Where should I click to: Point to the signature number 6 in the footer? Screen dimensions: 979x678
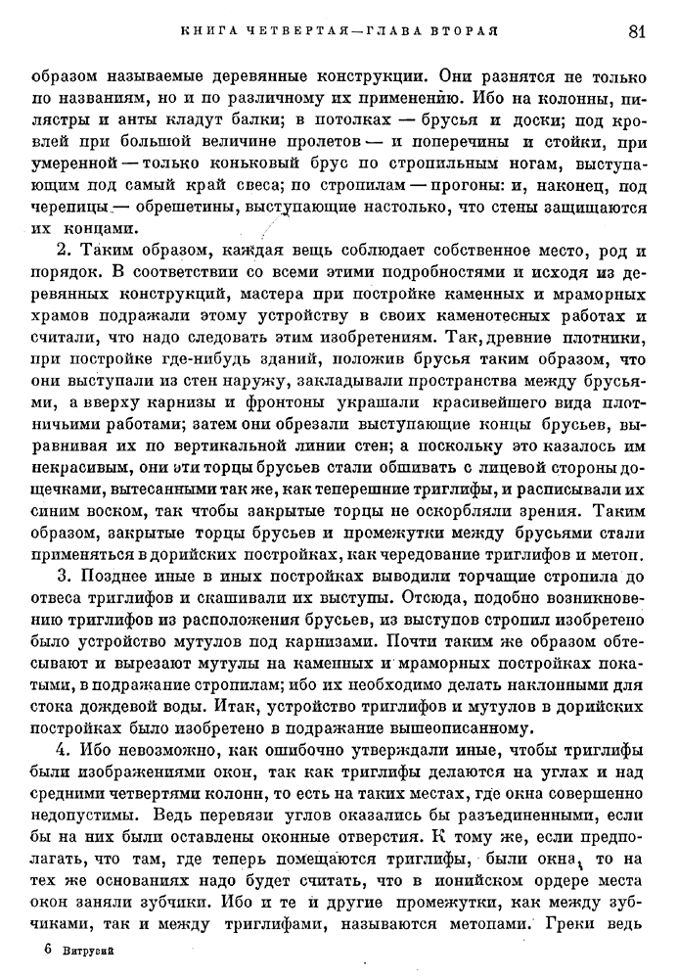tap(48, 950)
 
